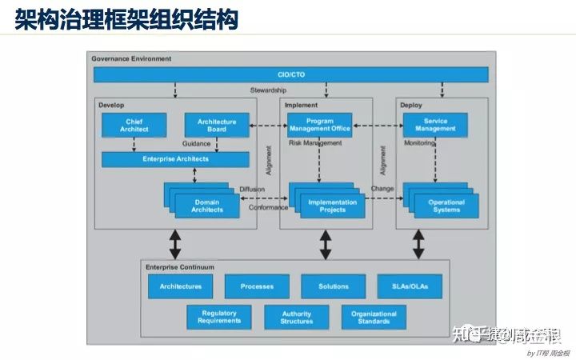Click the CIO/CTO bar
click(291, 74)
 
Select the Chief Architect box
click(134, 124)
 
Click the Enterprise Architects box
click(177, 159)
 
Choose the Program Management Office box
click(319, 124)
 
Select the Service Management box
click(435, 124)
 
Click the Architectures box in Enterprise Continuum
click(180, 286)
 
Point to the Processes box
click(257, 286)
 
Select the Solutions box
click(333, 286)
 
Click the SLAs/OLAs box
click(409, 286)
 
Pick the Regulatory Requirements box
click(218, 317)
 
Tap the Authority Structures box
click(296, 317)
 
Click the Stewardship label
click(268, 90)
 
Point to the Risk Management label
click(315, 143)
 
